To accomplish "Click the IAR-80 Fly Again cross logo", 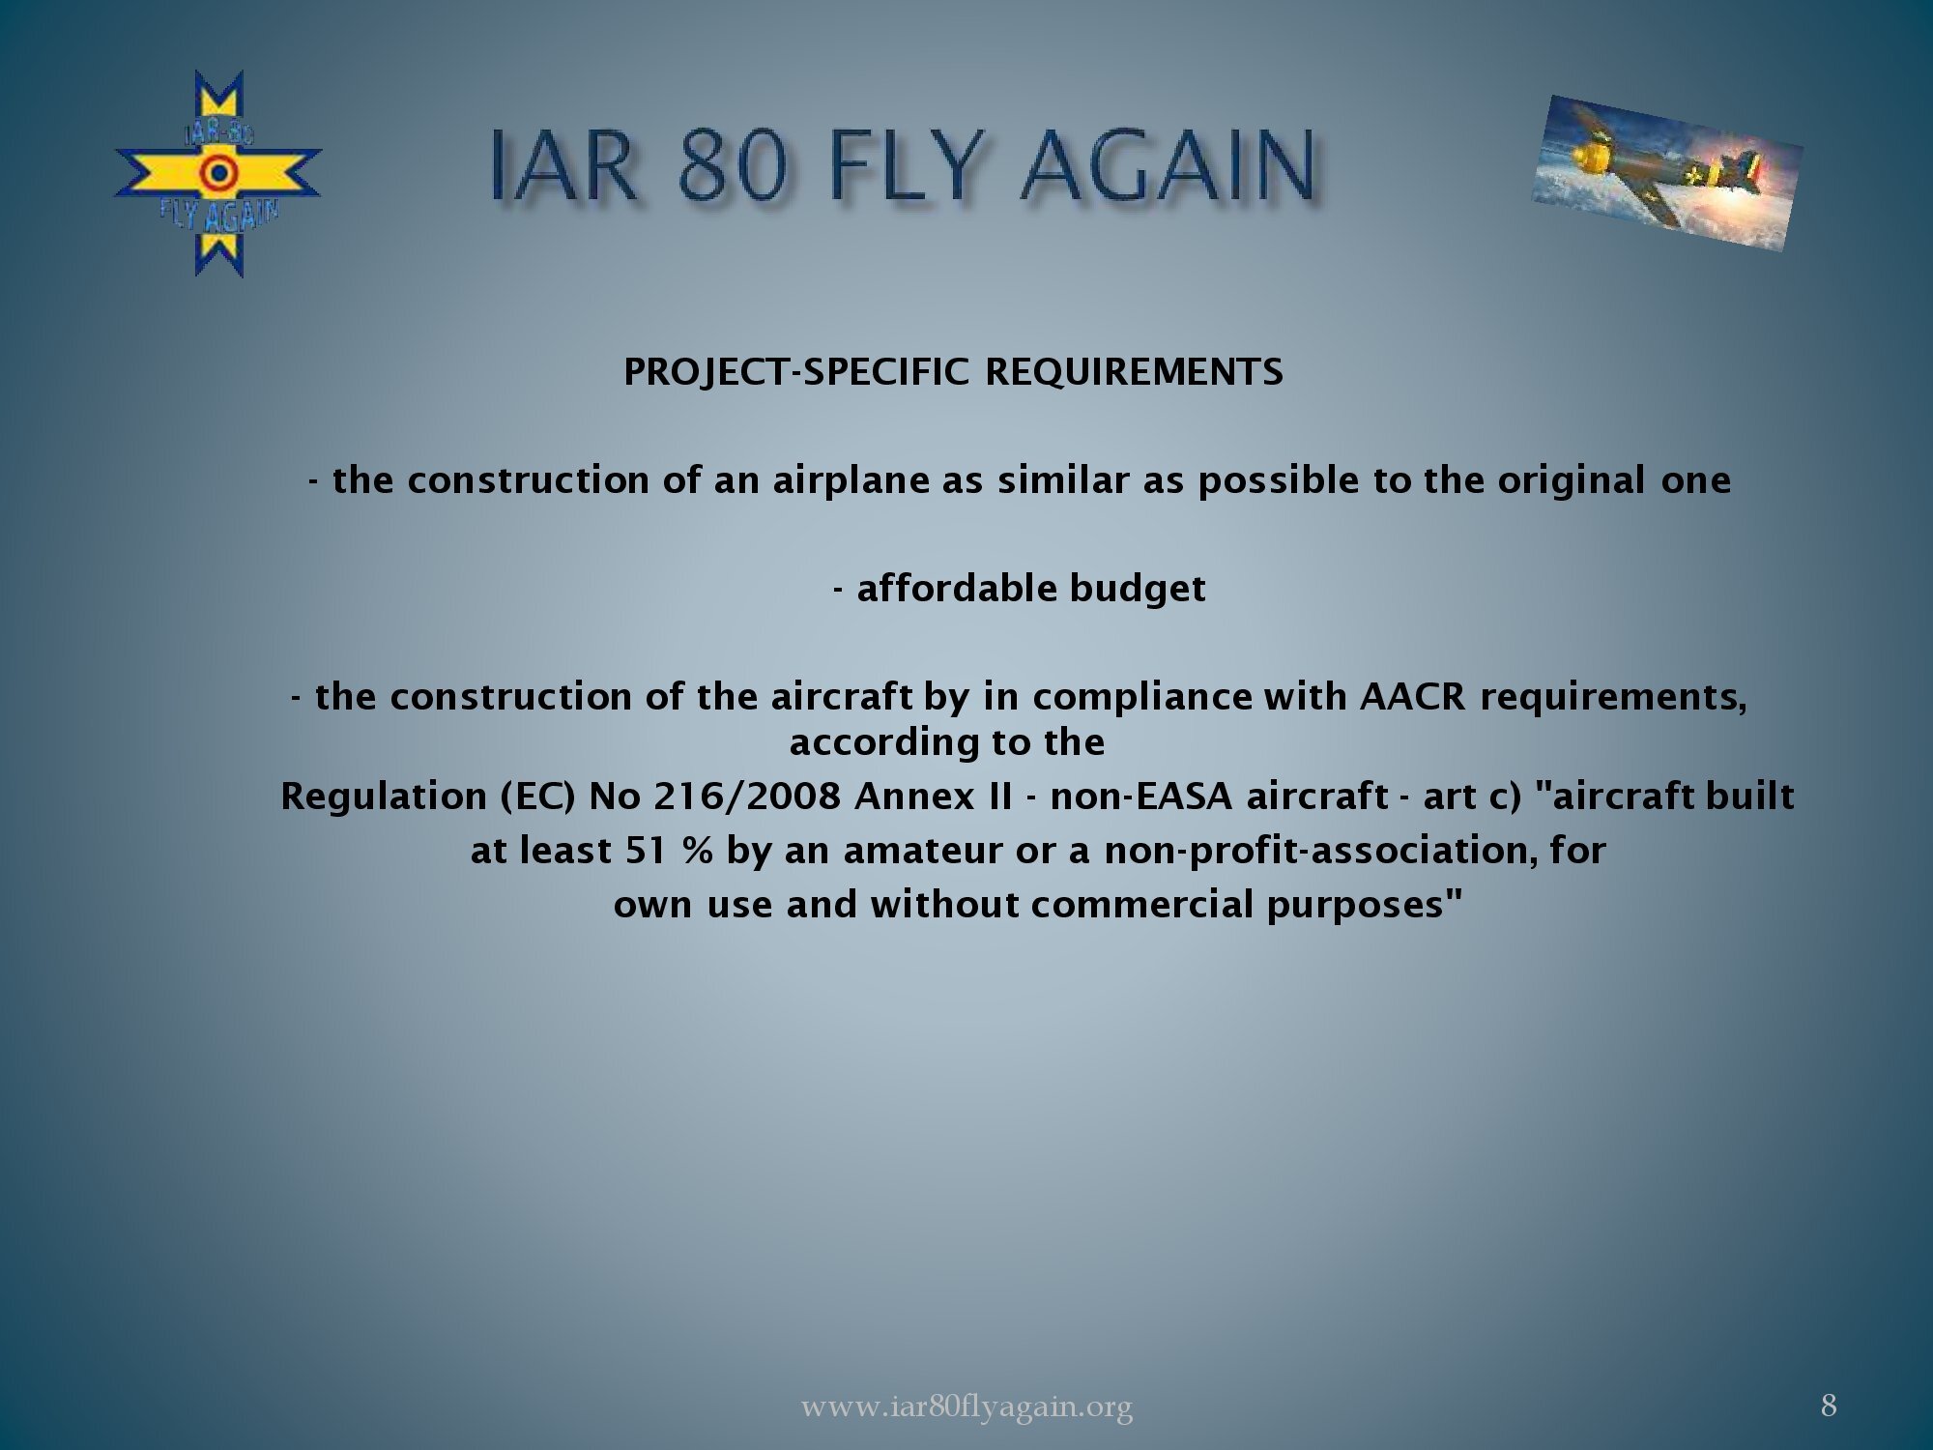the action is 218,174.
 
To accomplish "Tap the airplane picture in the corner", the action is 1667,173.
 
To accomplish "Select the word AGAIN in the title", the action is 1168,165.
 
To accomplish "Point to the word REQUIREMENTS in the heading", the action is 1134,372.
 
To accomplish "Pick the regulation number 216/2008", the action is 747,797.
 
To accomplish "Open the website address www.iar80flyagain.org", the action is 966,1406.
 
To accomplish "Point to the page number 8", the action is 1829,1406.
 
